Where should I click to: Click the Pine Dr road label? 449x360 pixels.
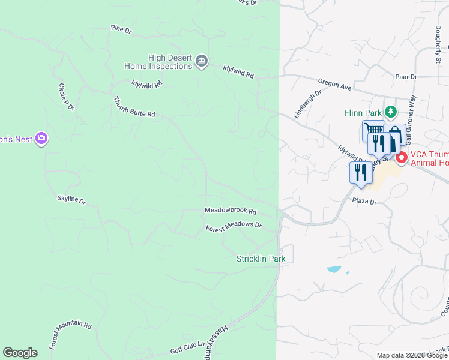(121, 28)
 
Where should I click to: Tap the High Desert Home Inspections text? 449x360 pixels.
(158, 62)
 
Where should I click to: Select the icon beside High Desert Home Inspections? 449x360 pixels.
(202, 62)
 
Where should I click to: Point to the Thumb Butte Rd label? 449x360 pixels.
(134, 106)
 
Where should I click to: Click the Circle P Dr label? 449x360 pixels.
(65, 97)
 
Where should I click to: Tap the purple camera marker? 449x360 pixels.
(41, 139)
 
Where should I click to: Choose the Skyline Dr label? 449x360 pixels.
(71, 199)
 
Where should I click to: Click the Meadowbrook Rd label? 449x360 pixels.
(231, 211)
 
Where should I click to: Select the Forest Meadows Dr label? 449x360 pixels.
(234, 227)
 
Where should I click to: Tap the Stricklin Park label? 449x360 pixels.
(261, 259)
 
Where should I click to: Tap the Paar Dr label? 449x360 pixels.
(406, 77)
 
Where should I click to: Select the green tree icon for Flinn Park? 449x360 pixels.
(391, 112)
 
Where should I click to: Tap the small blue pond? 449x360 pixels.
(334, 269)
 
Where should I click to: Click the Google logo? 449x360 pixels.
(20, 353)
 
